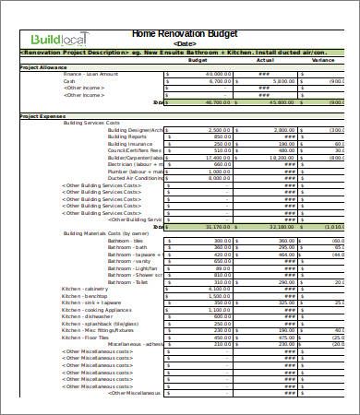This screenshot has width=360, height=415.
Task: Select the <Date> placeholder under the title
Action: pyautogui.click(x=185, y=43)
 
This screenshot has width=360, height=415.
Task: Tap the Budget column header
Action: pyautogui.click(x=198, y=62)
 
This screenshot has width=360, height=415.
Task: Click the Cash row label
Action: pyautogui.click(x=69, y=81)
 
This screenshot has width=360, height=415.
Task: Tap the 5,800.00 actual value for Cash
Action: pyautogui.click(x=282, y=81)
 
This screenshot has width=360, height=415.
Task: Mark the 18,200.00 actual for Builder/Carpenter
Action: pyautogui.click(x=282, y=158)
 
